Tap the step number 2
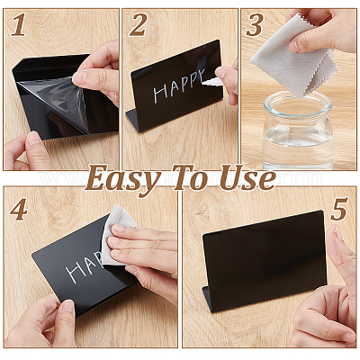pos(138,25)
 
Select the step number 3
pos(255,25)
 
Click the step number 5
pos(339,209)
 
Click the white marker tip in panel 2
pos(211,81)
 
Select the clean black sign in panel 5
pos(264,261)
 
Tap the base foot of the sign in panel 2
pos(133,120)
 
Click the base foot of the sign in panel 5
pos(207,300)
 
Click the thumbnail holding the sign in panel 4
pos(67,307)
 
